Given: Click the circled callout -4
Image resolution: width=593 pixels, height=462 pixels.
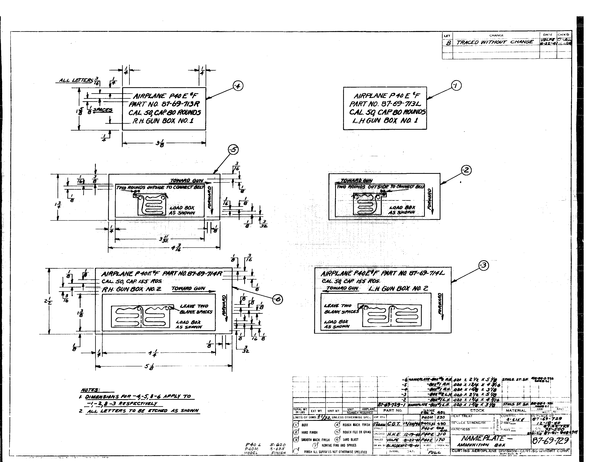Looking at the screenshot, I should pos(238,86).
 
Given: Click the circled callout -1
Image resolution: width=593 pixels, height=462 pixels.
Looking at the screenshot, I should pos(456,86).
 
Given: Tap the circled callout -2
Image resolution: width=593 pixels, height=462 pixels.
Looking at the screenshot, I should pos(466,170).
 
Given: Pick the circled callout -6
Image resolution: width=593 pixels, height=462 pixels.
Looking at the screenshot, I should pos(278,299).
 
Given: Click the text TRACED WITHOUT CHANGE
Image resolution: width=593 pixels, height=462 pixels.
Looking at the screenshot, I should pos(495,42).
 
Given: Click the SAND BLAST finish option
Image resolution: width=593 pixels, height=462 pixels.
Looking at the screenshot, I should pos(351,439).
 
